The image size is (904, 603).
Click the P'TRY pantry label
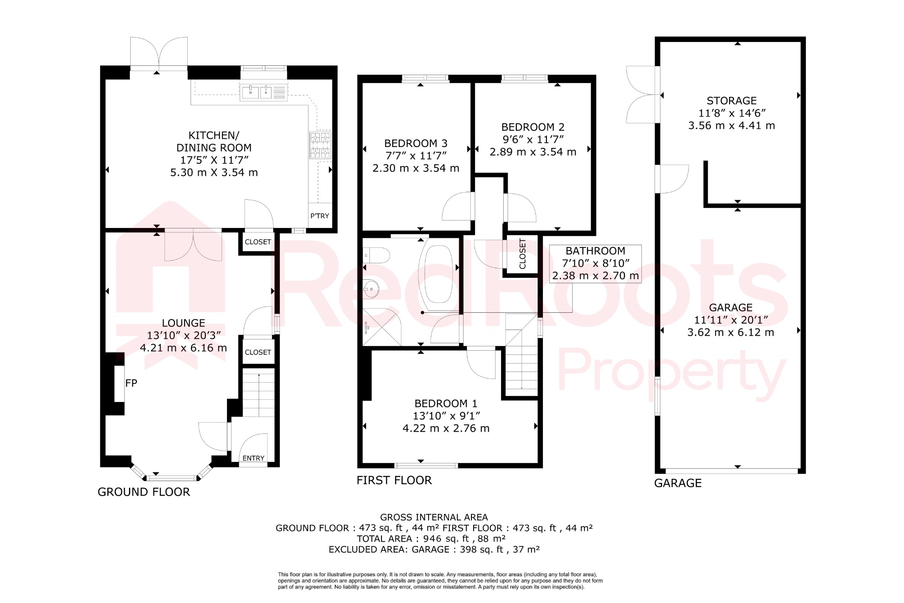[x=320, y=216]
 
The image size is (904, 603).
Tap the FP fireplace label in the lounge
[x=131, y=383]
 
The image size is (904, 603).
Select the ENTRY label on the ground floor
[x=253, y=459]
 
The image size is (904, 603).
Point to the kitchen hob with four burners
[x=320, y=145]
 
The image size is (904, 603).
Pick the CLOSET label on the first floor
[x=523, y=254]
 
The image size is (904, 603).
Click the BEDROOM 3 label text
[x=416, y=144]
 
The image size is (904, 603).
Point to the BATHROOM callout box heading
[x=595, y=251]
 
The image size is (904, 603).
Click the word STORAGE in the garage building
[x=731, y=101]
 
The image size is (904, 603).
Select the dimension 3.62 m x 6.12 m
[x=731, y=333]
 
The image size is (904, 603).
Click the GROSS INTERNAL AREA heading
[x=434, y=517]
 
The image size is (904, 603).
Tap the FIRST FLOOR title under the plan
[x=394, y=481]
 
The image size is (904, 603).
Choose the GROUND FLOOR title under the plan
[x=144, y=492]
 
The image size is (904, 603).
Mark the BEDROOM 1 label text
[x=446, y=404]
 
